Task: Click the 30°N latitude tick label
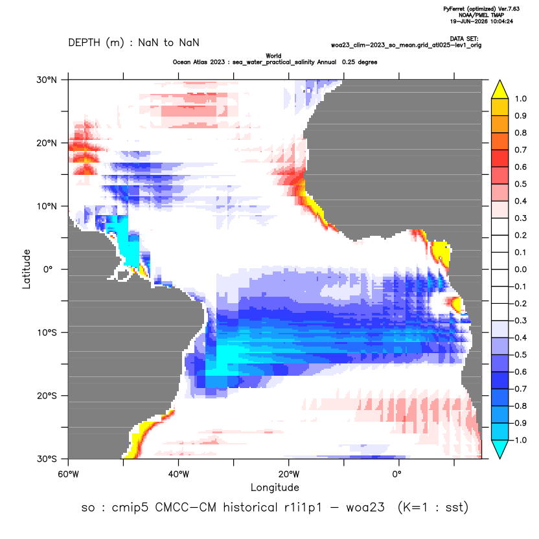click(47, 80)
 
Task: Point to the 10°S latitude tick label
click(47, 332)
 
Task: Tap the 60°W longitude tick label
click(68, 474)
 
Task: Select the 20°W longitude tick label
click(289, 474)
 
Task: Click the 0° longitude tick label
click(396, 474)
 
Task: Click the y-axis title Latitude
click(27, 269)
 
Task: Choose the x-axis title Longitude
click(275, 487)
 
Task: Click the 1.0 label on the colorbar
click(520, 98)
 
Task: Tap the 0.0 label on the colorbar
click(520, 269)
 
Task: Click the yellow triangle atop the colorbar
click(500, 89)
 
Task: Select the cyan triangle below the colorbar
click(500, 449)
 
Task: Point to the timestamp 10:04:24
click(501, 21)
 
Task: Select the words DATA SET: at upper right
click(464, 39)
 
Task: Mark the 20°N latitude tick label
click(47, 143)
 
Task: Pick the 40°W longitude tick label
click(178, 474)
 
